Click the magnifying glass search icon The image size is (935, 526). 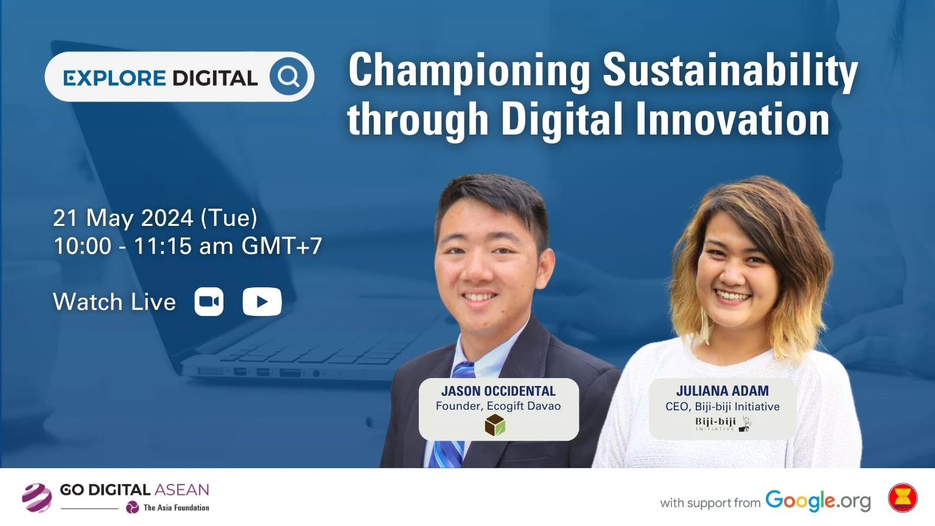(x=288, y=76)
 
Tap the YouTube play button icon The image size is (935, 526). (x=262, y=301)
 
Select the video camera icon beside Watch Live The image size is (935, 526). (x=209, y=301)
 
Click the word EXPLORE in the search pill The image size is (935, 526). (x=115, y=78)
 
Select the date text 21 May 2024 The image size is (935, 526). (x=124, y=218)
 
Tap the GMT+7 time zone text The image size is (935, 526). (x=282, y=245)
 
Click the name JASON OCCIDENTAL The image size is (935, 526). (x=499, y=391)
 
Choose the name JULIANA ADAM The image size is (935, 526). (x=723, y=391)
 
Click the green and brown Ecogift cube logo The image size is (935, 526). (x=495, y=425)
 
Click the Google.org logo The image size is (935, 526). (x=818, y=501)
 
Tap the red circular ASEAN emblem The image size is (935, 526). (x=903, y=497)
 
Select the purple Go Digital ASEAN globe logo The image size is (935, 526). (x=37, y=497)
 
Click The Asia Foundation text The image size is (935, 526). (x=176, y=508)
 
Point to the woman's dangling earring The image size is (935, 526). (x=705, y=330)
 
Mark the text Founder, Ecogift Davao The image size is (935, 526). (x=499, y=406)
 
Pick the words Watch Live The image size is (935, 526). (x=114, y=302)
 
